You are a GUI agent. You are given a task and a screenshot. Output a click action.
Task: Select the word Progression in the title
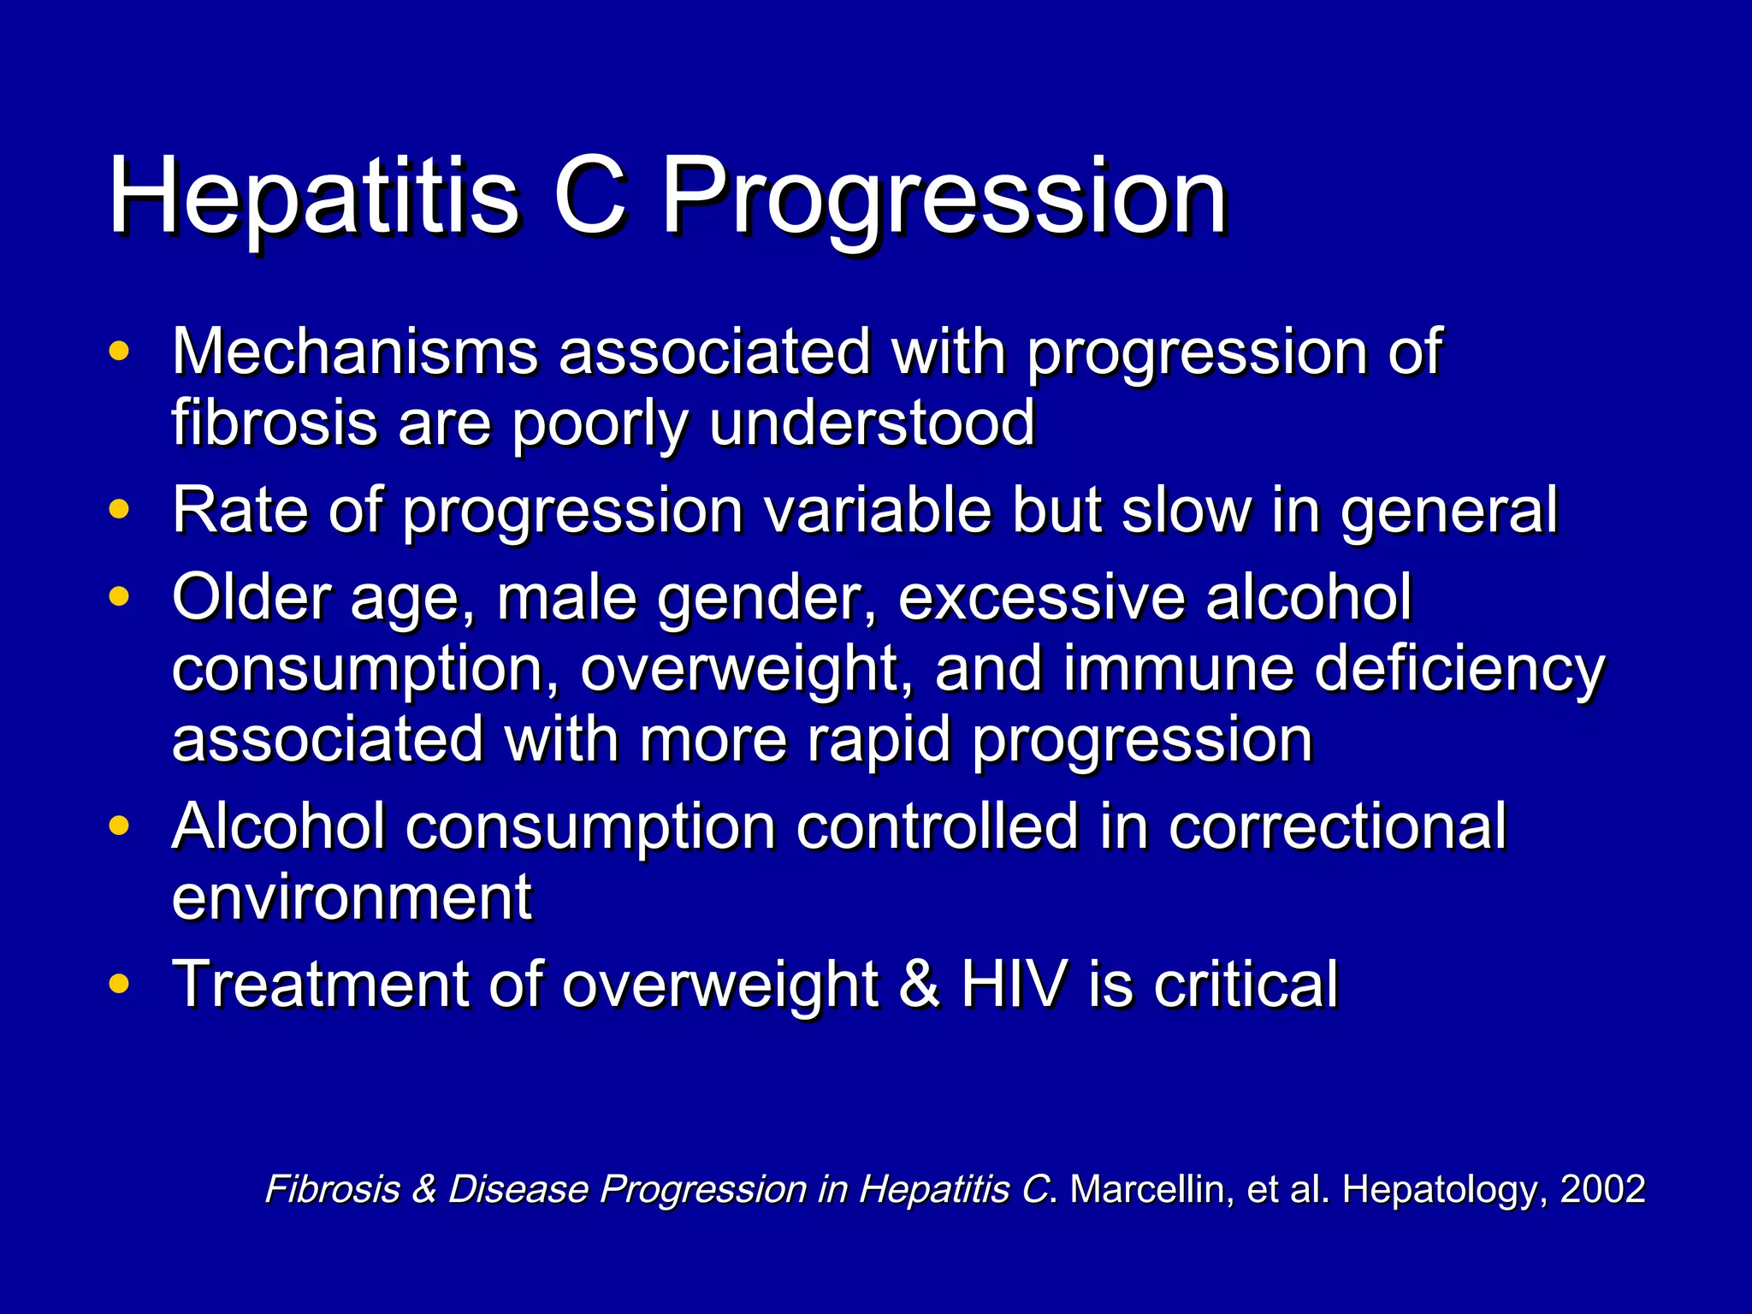click(945, 198)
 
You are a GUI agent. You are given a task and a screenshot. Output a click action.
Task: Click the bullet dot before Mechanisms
click(120, 352)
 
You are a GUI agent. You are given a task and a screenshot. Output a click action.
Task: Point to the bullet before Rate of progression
click(120, 510)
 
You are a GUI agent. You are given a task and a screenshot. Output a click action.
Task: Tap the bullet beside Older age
click(120, 596)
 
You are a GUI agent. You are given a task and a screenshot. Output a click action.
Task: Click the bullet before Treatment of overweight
click(120, 985)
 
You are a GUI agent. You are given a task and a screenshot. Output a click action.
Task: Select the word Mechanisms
click(355, 352)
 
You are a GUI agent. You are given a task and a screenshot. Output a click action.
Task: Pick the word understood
click(873, 423)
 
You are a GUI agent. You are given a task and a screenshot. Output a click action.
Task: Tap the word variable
click(877, 510)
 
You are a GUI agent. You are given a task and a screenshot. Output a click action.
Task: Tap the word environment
click(352, 898)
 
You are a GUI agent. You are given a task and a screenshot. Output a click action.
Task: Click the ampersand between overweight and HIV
click(919, 985)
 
